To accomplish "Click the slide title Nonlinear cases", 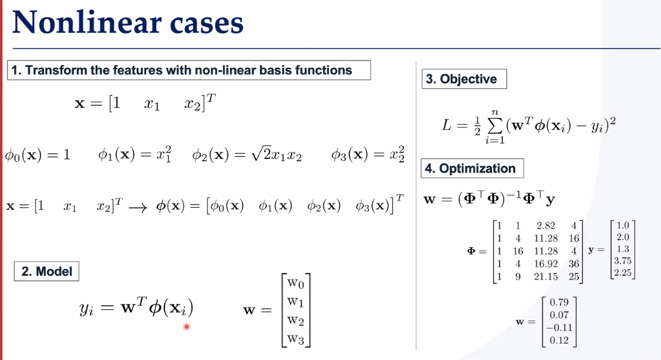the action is point(128,23).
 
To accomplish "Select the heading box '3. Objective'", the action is point(464,79).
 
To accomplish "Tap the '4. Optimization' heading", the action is point(472,168).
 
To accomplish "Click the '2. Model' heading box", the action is point(47,271).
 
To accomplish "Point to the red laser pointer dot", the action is point(187,326).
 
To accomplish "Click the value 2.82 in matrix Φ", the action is point(546,226).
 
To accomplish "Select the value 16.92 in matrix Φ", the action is point(546,263).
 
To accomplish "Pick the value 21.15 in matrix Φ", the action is point(546,276).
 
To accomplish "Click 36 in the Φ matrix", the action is point(574,263).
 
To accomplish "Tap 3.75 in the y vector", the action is point(623,261).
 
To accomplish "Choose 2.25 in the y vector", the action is point(623,272).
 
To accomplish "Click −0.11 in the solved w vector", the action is point(559,327).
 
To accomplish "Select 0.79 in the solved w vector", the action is point(559,302).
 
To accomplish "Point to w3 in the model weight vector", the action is point(296,339).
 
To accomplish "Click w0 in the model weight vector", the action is point(296,283).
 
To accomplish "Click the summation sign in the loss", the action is point(495,126).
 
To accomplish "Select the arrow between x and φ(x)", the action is point(138,208).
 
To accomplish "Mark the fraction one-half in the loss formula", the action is point(478,126).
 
